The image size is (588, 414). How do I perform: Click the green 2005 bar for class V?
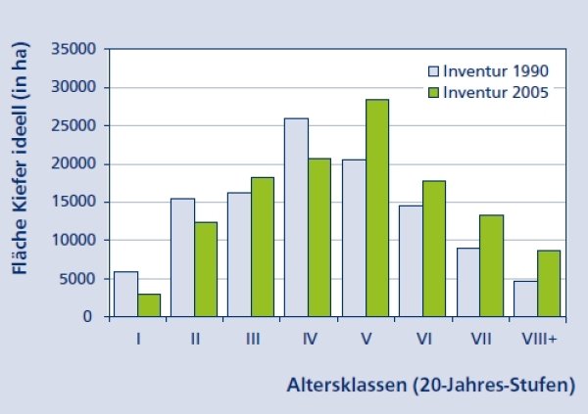tap(377, 207)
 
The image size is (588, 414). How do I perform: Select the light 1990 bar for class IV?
tap(296, 217)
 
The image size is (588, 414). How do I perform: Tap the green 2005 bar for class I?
tap(149, 305)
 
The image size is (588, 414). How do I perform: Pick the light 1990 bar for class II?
tap(182, 257)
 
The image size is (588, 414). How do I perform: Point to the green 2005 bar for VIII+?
tap(549, 284)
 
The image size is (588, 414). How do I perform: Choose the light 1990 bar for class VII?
tap(468, 283)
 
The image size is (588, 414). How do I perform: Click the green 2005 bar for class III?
tap(263, 248)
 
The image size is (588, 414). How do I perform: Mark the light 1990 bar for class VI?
tap(411, 261)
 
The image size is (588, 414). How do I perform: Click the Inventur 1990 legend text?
tap(496, 70)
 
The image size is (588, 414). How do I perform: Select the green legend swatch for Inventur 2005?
tap(433, 93)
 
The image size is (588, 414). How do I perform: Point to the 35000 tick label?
tap(73, 49)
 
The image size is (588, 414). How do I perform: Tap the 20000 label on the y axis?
tap(73, 163)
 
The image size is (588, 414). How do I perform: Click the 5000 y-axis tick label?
tap(77, 279)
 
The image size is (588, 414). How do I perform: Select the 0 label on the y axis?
tap(87, 317)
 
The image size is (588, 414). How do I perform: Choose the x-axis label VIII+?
tap(539, 339)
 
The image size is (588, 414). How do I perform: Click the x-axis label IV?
tap(310, 339)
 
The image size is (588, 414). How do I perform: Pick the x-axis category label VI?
tap(424, 339)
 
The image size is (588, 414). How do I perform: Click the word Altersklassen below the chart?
tap(347, 385)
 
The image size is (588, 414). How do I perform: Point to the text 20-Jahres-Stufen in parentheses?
tap(494, 386)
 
